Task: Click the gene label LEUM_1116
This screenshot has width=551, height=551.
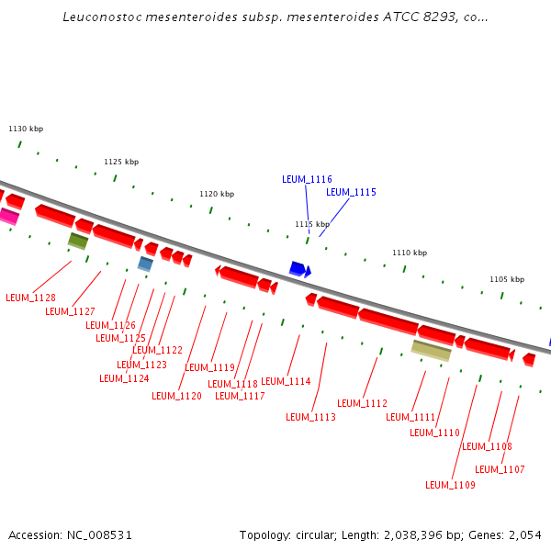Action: (x=307, y=179)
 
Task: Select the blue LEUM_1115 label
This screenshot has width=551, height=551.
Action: (x=351, y=192)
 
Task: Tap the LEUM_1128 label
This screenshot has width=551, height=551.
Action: (x=30, y=298)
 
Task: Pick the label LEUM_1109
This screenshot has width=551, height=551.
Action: (x=450, y=485)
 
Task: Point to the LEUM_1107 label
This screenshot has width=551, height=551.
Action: (x=500, y=469)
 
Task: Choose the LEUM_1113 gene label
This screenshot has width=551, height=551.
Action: (x=310, y=417)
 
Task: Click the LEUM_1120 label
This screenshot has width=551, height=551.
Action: (x=176, y=396)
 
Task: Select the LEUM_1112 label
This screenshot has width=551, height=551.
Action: (x=362, y=403)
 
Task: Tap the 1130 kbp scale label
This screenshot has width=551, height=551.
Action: (x=26, y=129)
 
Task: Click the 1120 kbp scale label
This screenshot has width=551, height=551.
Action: (x=217, y=194)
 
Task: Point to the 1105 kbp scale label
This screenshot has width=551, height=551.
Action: (x=506, y=279)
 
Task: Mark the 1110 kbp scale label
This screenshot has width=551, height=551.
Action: (x=410, y=253)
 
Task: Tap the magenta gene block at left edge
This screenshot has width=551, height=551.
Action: (x=7, y=217)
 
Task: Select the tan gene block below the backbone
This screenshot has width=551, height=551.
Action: (x=431, y=350)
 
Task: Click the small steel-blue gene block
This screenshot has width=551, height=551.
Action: (x=145, y=264)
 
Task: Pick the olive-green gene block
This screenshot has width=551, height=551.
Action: (x=78, y=241)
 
